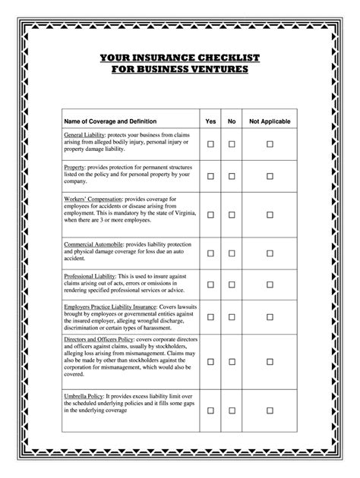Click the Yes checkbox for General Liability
(211, 143)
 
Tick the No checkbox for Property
(232, 176)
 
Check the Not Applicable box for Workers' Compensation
(270, 215)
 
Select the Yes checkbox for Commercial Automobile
(211, 253)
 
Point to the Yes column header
(211, 121)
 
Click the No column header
(232, 121)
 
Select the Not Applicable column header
(270, 121)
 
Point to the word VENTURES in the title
(216, 70)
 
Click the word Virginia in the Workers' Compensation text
(180, 212)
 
